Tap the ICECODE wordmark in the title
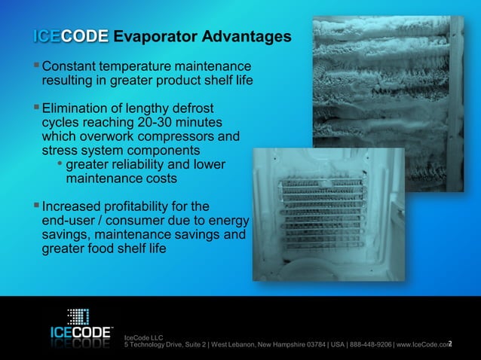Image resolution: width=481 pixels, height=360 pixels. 71,36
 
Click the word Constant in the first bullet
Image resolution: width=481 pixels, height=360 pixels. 73,66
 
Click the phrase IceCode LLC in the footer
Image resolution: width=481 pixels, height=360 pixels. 142,337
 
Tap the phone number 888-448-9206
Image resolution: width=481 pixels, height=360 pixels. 366,344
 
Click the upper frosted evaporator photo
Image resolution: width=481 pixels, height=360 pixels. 388,83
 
